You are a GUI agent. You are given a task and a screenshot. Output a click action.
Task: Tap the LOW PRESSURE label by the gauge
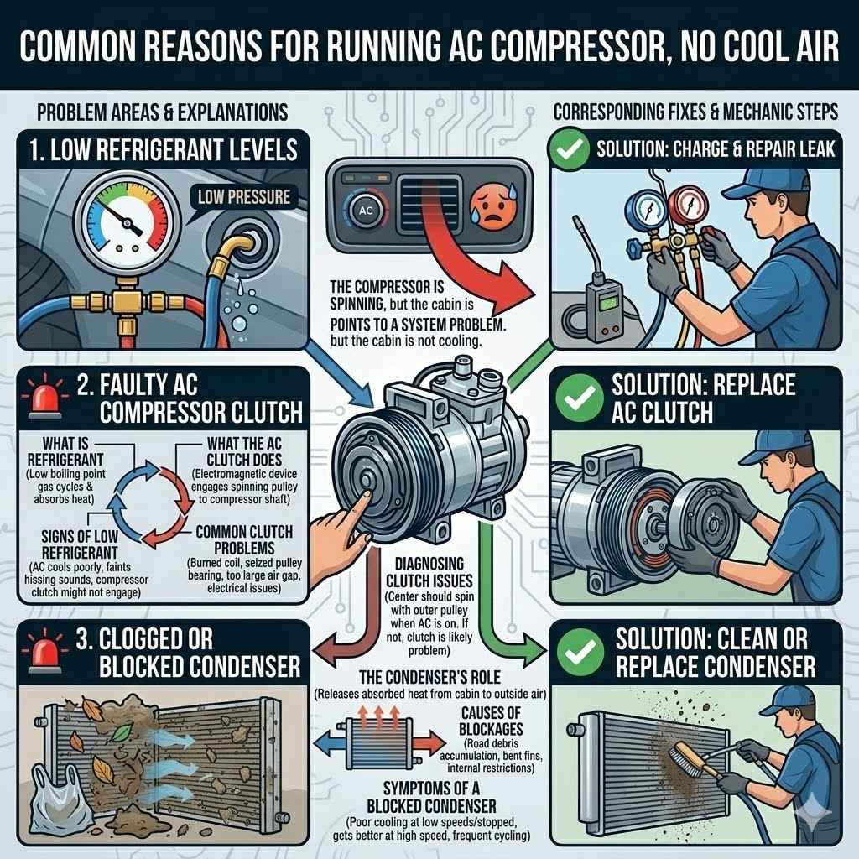click(244, 197)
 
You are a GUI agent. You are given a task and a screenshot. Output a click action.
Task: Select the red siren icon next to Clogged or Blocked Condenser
click(40, 652)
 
